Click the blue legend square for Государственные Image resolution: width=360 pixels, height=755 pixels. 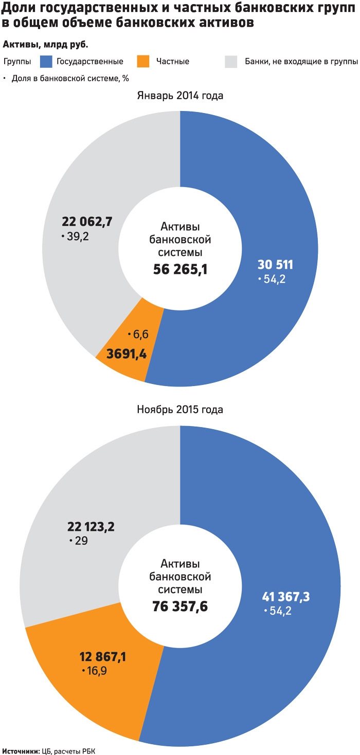click(x=46, y=61)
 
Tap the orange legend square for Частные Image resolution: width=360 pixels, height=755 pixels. click(x=143, y=61)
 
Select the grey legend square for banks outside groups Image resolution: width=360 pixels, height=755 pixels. click(x=231, y=61)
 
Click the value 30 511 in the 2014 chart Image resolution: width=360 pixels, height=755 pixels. click(x=275, y=265)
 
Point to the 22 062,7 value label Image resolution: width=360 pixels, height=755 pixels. click(x=87, y=222)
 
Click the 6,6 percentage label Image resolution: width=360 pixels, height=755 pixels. click(x=140, y=335)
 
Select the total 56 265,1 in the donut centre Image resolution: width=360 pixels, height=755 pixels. click(x=180, y=269)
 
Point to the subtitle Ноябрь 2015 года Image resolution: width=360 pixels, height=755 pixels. click(x=180, y=410)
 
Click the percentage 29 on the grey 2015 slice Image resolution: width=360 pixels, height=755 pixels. click(x=79, y=541)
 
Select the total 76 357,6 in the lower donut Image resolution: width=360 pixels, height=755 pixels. click(x=180, y=606)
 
